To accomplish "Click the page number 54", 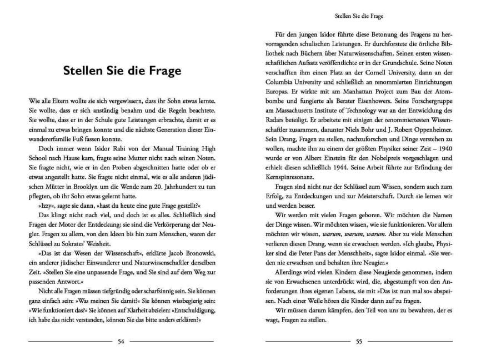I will click(121, 341).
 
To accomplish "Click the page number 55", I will click(359, 341).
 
